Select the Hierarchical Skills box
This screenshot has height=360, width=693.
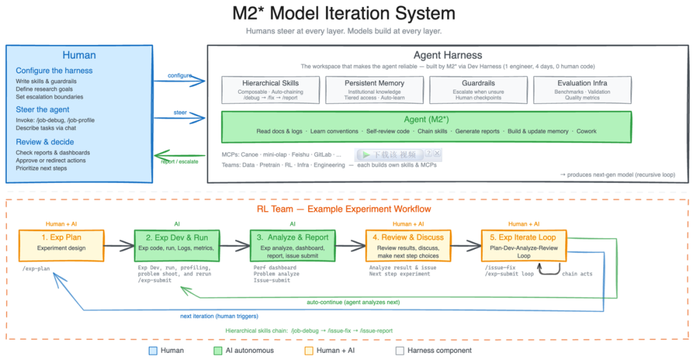point(270,90)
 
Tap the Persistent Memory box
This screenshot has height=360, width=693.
point(374,90)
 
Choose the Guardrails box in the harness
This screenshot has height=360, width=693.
point(477,90)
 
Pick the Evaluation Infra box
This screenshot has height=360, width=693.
point(581,90)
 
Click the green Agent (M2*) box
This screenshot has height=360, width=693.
point(426,126)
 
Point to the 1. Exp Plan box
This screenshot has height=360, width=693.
point(61,245)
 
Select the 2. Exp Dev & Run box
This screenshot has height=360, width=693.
point(177,245)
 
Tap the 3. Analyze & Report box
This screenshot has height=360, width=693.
point(293,245)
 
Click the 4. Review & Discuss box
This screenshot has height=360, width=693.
point(408,245)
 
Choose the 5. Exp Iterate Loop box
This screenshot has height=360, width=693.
point(524,245)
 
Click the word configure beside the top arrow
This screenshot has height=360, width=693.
point(180,75)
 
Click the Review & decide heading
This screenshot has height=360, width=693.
point(45,142)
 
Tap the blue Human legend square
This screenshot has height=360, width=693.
point(153,350)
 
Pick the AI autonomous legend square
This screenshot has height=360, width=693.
point(218,350)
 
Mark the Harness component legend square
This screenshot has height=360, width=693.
point(400,350)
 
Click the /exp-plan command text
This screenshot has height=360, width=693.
point(36,268)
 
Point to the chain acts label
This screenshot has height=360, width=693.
point(577,274)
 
